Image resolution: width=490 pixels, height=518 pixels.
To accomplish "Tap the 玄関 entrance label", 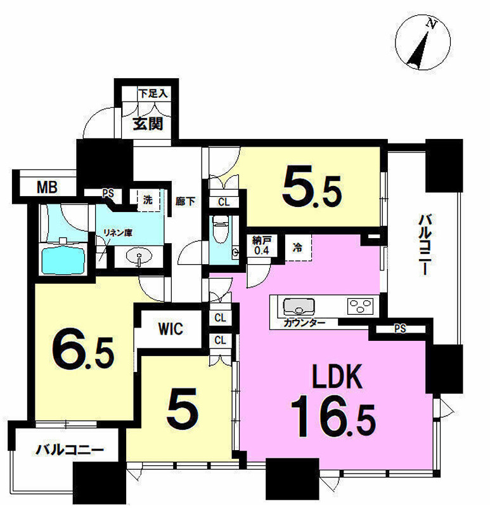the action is tap(148, 124).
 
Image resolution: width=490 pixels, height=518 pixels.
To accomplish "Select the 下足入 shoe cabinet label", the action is tap(153, 93).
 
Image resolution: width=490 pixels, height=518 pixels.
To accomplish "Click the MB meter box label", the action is tap(47, 187).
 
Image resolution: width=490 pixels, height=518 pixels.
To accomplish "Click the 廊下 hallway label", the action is tap(185, 201).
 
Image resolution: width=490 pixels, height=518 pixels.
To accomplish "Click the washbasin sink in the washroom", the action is tap(139, 256).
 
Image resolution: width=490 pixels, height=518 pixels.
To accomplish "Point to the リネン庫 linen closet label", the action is tap(118, 232).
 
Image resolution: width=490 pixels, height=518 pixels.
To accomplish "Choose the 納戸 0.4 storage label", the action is tap(261, 245).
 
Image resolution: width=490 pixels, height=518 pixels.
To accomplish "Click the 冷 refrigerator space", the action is tap(298, 248).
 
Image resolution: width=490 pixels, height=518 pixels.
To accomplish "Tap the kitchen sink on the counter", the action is tap(299, 307).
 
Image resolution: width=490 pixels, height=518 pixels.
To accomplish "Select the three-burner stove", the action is tap(360, 306).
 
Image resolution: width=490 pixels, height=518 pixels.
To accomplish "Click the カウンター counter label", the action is tap(304, 322).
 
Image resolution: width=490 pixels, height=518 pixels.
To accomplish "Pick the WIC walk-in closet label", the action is tap(171, 329).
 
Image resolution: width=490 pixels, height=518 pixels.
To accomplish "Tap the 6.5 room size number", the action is tap(83, 352).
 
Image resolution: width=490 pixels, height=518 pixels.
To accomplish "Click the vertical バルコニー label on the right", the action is tap(425, 244).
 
